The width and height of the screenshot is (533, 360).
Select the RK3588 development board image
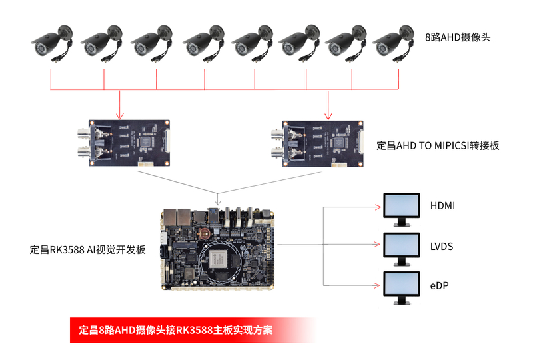(218, 248)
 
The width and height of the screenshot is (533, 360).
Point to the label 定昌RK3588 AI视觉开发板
(88, 250)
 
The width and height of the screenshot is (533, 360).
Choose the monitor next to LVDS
(402, 247)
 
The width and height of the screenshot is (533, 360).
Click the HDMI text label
(442, 206)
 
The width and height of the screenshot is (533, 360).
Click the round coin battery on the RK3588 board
(207, 233)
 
